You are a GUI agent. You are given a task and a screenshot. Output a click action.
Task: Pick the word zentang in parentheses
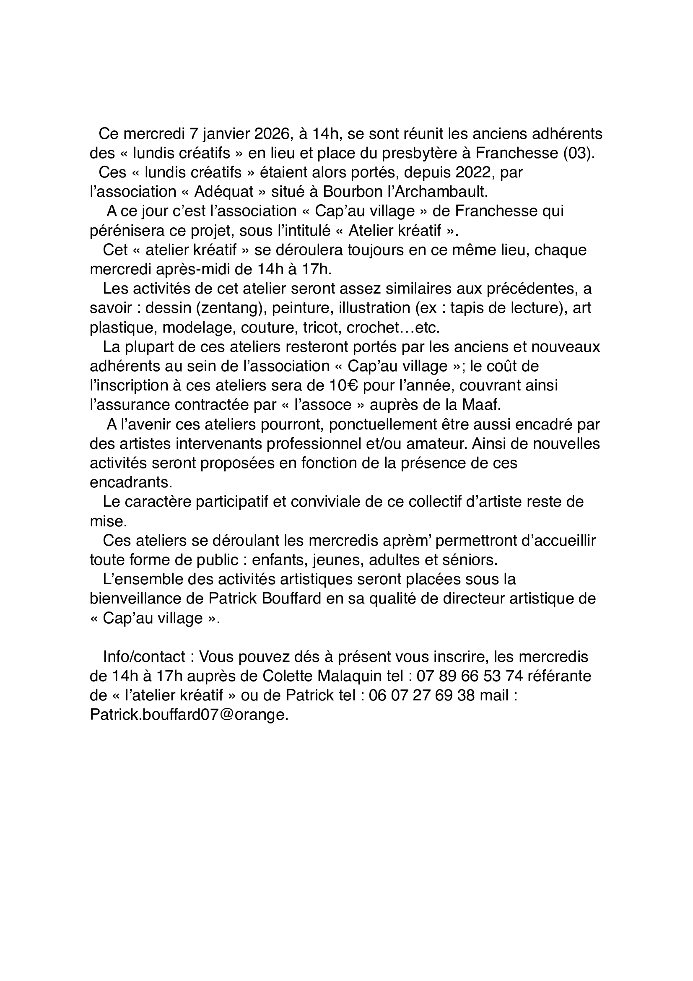point(232,308)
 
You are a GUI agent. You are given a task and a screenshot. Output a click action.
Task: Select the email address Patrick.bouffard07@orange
point(189,715)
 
